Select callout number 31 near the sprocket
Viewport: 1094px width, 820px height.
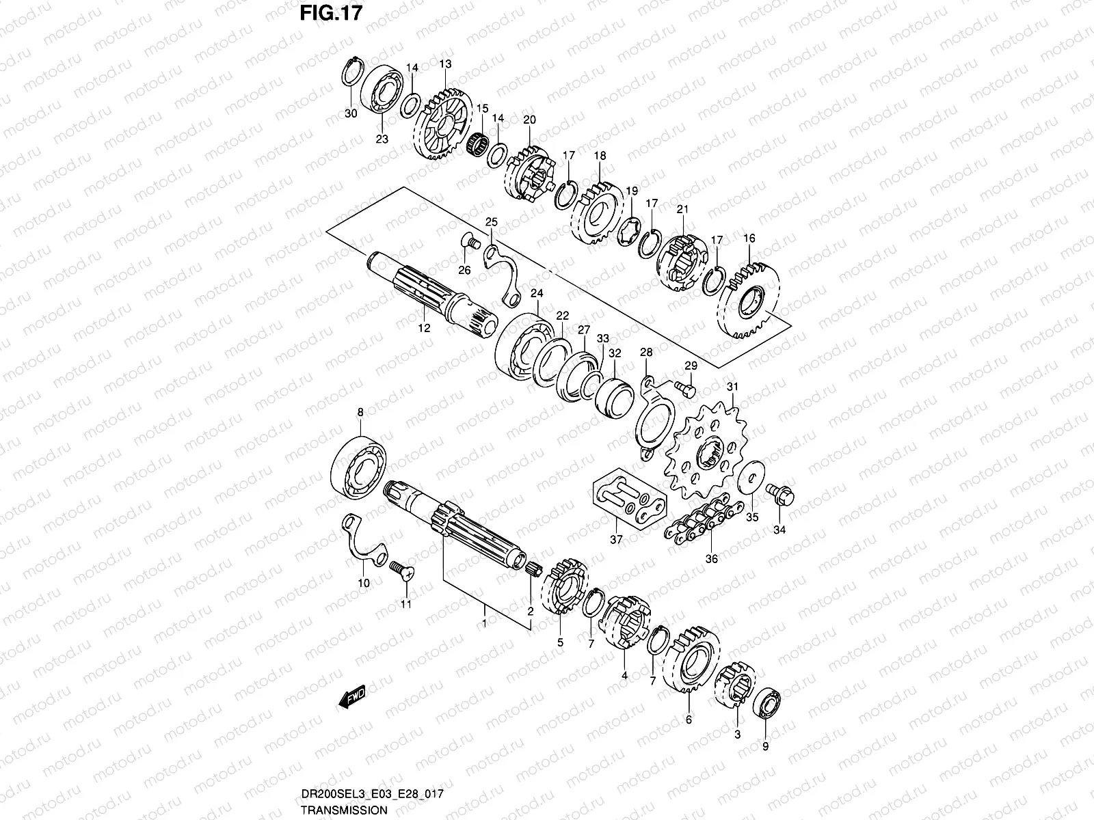point(732,387)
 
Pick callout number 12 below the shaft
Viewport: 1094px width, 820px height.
point(424,328)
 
